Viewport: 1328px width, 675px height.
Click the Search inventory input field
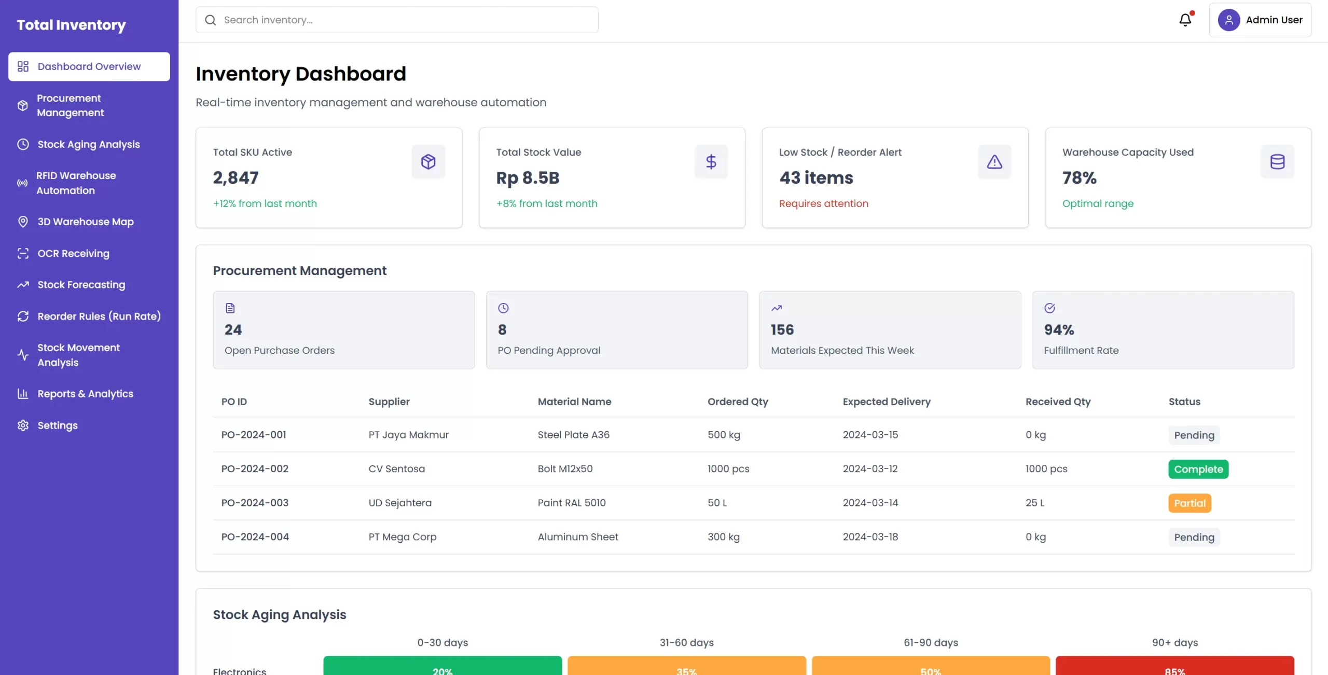tap(397, 20)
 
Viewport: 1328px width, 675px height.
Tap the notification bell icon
tap(1185, 20)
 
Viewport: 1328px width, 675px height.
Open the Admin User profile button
tap(1260, 20)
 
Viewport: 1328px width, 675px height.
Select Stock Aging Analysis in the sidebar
tap(88, 144)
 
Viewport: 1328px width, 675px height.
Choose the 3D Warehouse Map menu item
tap(85, 222)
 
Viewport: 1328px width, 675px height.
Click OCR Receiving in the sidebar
tap(73, 253)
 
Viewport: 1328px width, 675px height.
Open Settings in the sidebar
tap(57, 425)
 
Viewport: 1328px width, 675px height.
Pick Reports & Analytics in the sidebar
tap(85, 394)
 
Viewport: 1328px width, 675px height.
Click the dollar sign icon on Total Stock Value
tap(711, 162)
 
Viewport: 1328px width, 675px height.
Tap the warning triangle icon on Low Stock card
tap(994, 162)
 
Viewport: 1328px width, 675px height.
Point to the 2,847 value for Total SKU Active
tap(236, 178)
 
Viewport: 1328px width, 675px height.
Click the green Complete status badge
tap(1198, 469)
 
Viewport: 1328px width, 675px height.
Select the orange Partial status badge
tap(1189, 503)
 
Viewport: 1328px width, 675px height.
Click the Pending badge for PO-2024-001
tap(1194, 435)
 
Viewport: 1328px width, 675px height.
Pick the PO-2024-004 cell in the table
tap(255, 537)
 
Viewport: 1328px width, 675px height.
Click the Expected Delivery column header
tap(886, 402)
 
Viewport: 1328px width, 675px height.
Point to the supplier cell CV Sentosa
tap(396, 469)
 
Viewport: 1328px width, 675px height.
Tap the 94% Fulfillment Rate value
tap(1059, 330)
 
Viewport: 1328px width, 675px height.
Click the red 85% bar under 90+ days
tap(1174, 667)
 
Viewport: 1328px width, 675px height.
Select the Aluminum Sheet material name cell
tap(577, 537)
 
